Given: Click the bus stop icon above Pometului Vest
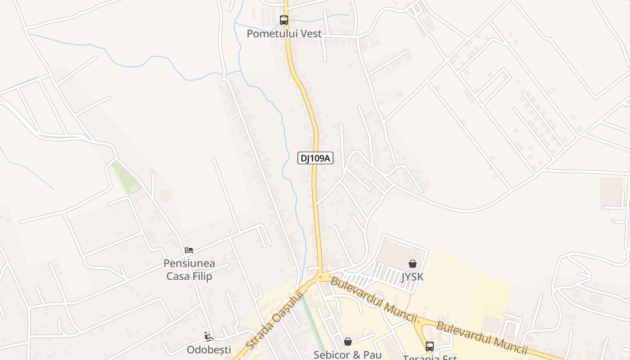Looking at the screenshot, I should click(283, 20).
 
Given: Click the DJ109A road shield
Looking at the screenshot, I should click(315, 158).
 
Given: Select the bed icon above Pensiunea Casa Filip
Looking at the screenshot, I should click(189, 250).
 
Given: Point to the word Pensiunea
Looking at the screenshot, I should click(189, 263).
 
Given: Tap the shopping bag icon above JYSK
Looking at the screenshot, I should click(412, 264).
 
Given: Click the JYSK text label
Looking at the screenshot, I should click(412, 276).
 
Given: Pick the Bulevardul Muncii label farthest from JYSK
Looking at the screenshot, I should click(481, 338).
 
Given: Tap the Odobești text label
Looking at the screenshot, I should click(209, 350).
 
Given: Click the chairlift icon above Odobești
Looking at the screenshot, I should click(208, 337).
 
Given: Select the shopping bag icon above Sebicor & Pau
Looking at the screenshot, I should click(347, 342).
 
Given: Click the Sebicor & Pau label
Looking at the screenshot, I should click(347, 355).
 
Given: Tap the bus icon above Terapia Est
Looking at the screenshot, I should click(430, 346).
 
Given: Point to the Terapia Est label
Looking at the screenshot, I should click(430, 357).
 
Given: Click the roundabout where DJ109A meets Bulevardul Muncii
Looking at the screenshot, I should click(322, 276).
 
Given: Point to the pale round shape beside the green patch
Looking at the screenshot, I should click(166, 196).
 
